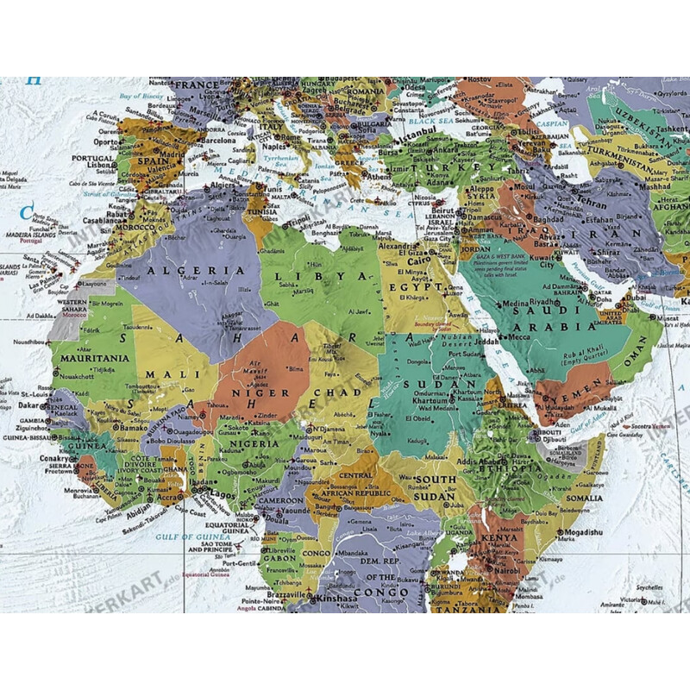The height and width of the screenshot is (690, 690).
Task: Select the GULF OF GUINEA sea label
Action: (x=179, y=536)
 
